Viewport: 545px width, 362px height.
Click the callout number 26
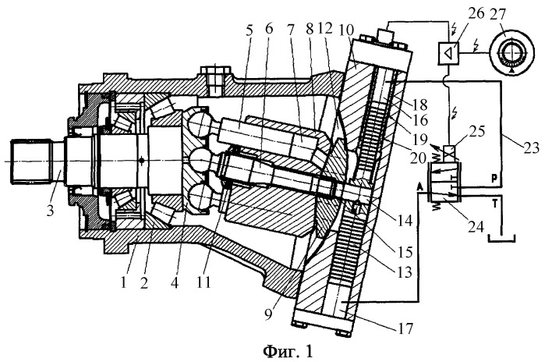(476, 14)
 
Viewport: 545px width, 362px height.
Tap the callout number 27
(498, 14)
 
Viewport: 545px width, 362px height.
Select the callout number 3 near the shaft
(51, 210)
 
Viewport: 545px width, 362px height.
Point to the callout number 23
(530, 147)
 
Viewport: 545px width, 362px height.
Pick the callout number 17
(405, 328)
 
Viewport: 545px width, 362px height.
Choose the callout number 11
(203, 282)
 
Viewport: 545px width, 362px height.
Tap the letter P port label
(494, 179)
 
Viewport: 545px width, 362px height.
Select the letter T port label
(495, 202)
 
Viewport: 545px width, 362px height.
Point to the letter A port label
(420, 186)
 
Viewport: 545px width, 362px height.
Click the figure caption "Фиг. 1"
(288, 351)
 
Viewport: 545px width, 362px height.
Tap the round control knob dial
(511, 52)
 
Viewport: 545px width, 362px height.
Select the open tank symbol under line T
(502, 240)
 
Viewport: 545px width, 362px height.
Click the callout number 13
(404, 272)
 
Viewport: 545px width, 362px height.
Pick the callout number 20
(418, 158)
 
